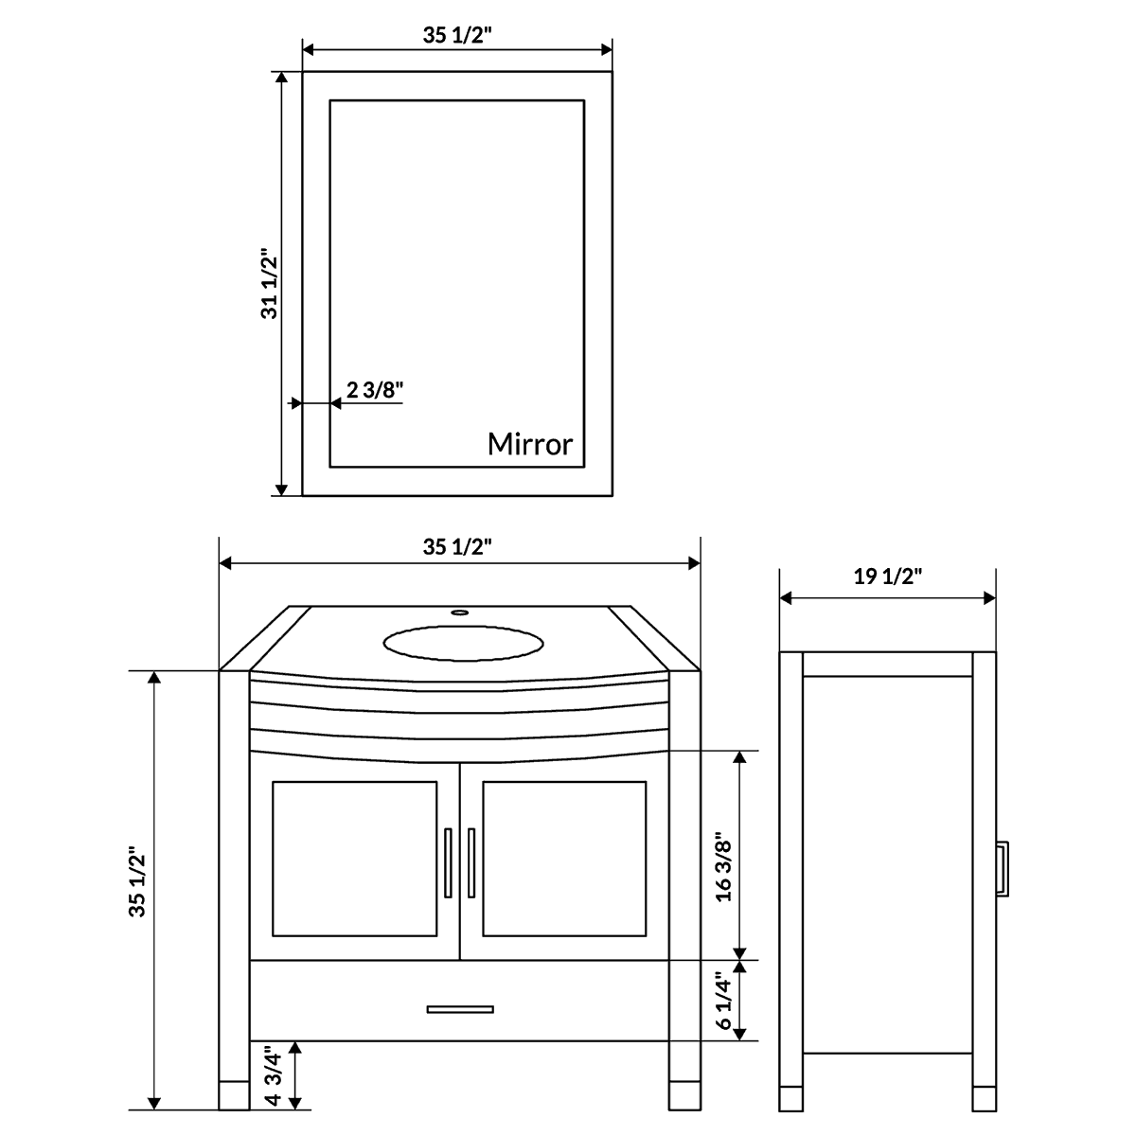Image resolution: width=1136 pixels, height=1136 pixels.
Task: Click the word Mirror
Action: tap(530, 444)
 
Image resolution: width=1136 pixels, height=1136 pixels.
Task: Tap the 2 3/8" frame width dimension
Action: tap(375, 390)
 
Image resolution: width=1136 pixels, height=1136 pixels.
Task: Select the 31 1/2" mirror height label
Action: tap(270, 284)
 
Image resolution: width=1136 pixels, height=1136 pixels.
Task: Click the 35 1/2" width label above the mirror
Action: tap(457, 36)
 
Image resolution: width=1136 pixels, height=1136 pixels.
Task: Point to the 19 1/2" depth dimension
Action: tap(887, 577)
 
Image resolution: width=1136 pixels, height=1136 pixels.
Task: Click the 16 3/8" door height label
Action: tap(724, 866)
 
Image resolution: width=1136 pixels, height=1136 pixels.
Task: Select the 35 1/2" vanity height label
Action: tap(138, 881)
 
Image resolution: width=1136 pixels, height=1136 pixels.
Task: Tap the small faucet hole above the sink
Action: tap(460, 612)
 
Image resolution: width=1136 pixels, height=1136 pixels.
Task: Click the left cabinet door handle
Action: tap(448, 861)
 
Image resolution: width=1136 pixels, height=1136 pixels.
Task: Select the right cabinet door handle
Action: tap(470, 861)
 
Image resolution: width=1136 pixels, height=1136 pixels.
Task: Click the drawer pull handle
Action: tap(460, 1008)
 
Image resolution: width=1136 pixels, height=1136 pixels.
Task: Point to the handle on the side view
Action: tap(1003, 866)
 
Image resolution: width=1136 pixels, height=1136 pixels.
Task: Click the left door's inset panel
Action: tap(354, 858)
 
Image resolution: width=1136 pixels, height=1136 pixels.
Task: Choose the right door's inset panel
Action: tap(564, 858)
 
